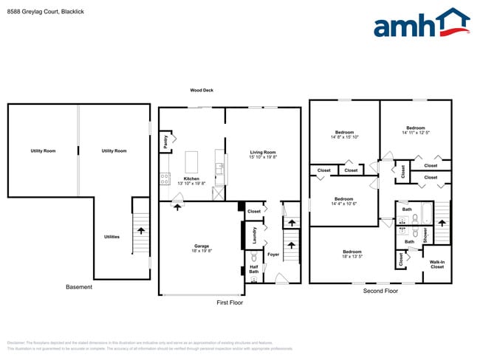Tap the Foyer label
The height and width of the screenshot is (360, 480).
click(x=272, y=255)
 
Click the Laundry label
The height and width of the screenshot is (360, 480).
click(x=254, y=235)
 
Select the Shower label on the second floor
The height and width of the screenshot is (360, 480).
click(x=425, y=235)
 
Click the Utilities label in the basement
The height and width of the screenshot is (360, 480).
click(x=112, y=237)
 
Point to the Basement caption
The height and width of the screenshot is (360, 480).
click(x=79, y=287)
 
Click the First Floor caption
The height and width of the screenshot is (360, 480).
click(x=230, y=302)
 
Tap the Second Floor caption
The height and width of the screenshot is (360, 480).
click(x=380, y=291)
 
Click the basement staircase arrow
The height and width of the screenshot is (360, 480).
click(x=140, y=231)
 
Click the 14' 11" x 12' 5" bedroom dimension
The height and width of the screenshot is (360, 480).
click(x=415, y=134)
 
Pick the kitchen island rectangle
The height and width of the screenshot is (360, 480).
click(x=192, y=162)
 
